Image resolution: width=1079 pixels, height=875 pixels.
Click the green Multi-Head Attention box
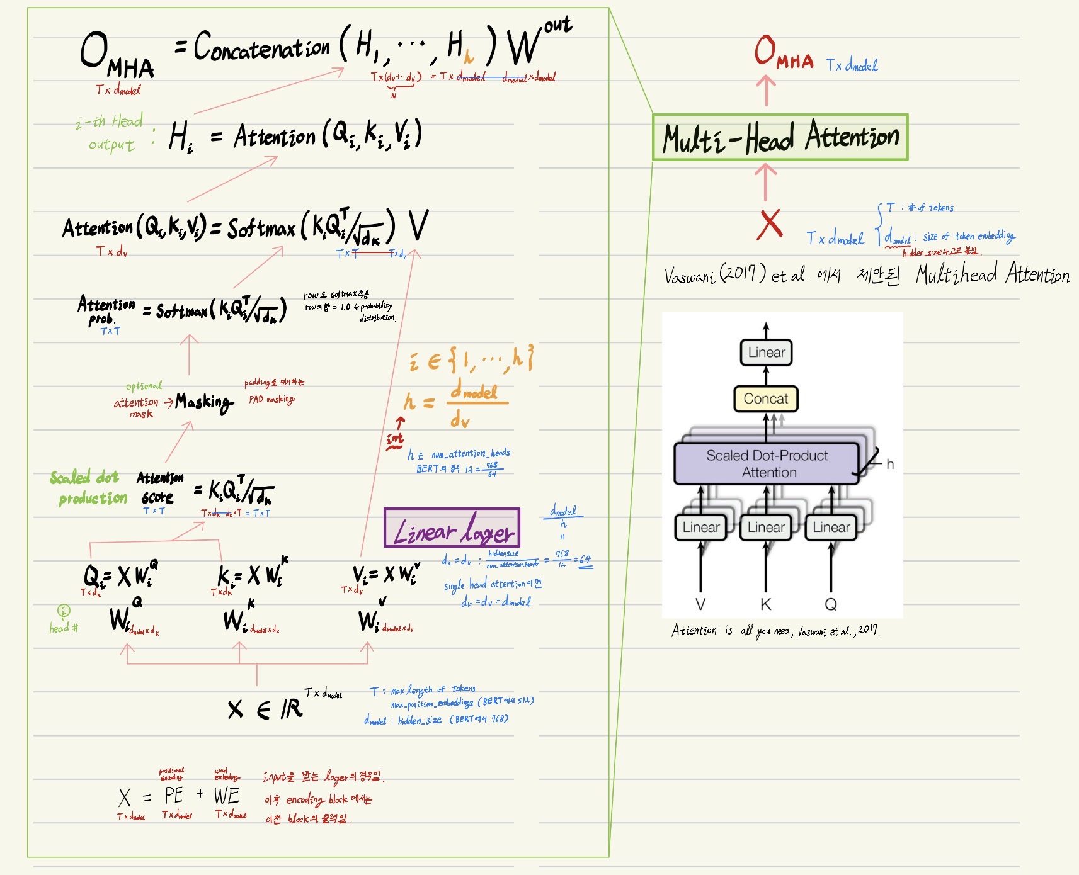point(780,137)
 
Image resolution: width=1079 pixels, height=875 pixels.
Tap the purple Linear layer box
point(452,528)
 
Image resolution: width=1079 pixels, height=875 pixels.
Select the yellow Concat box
point(766,398)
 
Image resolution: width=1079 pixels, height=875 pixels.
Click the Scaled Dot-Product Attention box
point(767,464)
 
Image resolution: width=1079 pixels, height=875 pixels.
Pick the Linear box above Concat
point(766,353)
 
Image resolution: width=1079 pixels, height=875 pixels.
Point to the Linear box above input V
point(700,527)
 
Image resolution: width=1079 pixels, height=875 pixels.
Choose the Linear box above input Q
point(831,527)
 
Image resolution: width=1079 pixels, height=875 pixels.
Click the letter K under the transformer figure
point(765,605)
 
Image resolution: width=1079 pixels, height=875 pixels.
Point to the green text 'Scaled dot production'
point(89,488)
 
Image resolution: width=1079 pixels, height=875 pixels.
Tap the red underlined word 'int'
point(395,439)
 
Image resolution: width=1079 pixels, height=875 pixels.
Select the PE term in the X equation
point(173,796)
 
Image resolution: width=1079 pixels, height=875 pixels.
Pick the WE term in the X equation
point(227,796)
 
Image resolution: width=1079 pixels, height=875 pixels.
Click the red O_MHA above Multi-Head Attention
point(783,53)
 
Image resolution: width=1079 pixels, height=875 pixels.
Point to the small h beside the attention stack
point(890,464)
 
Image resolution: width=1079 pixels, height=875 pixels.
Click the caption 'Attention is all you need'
point(775,630)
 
